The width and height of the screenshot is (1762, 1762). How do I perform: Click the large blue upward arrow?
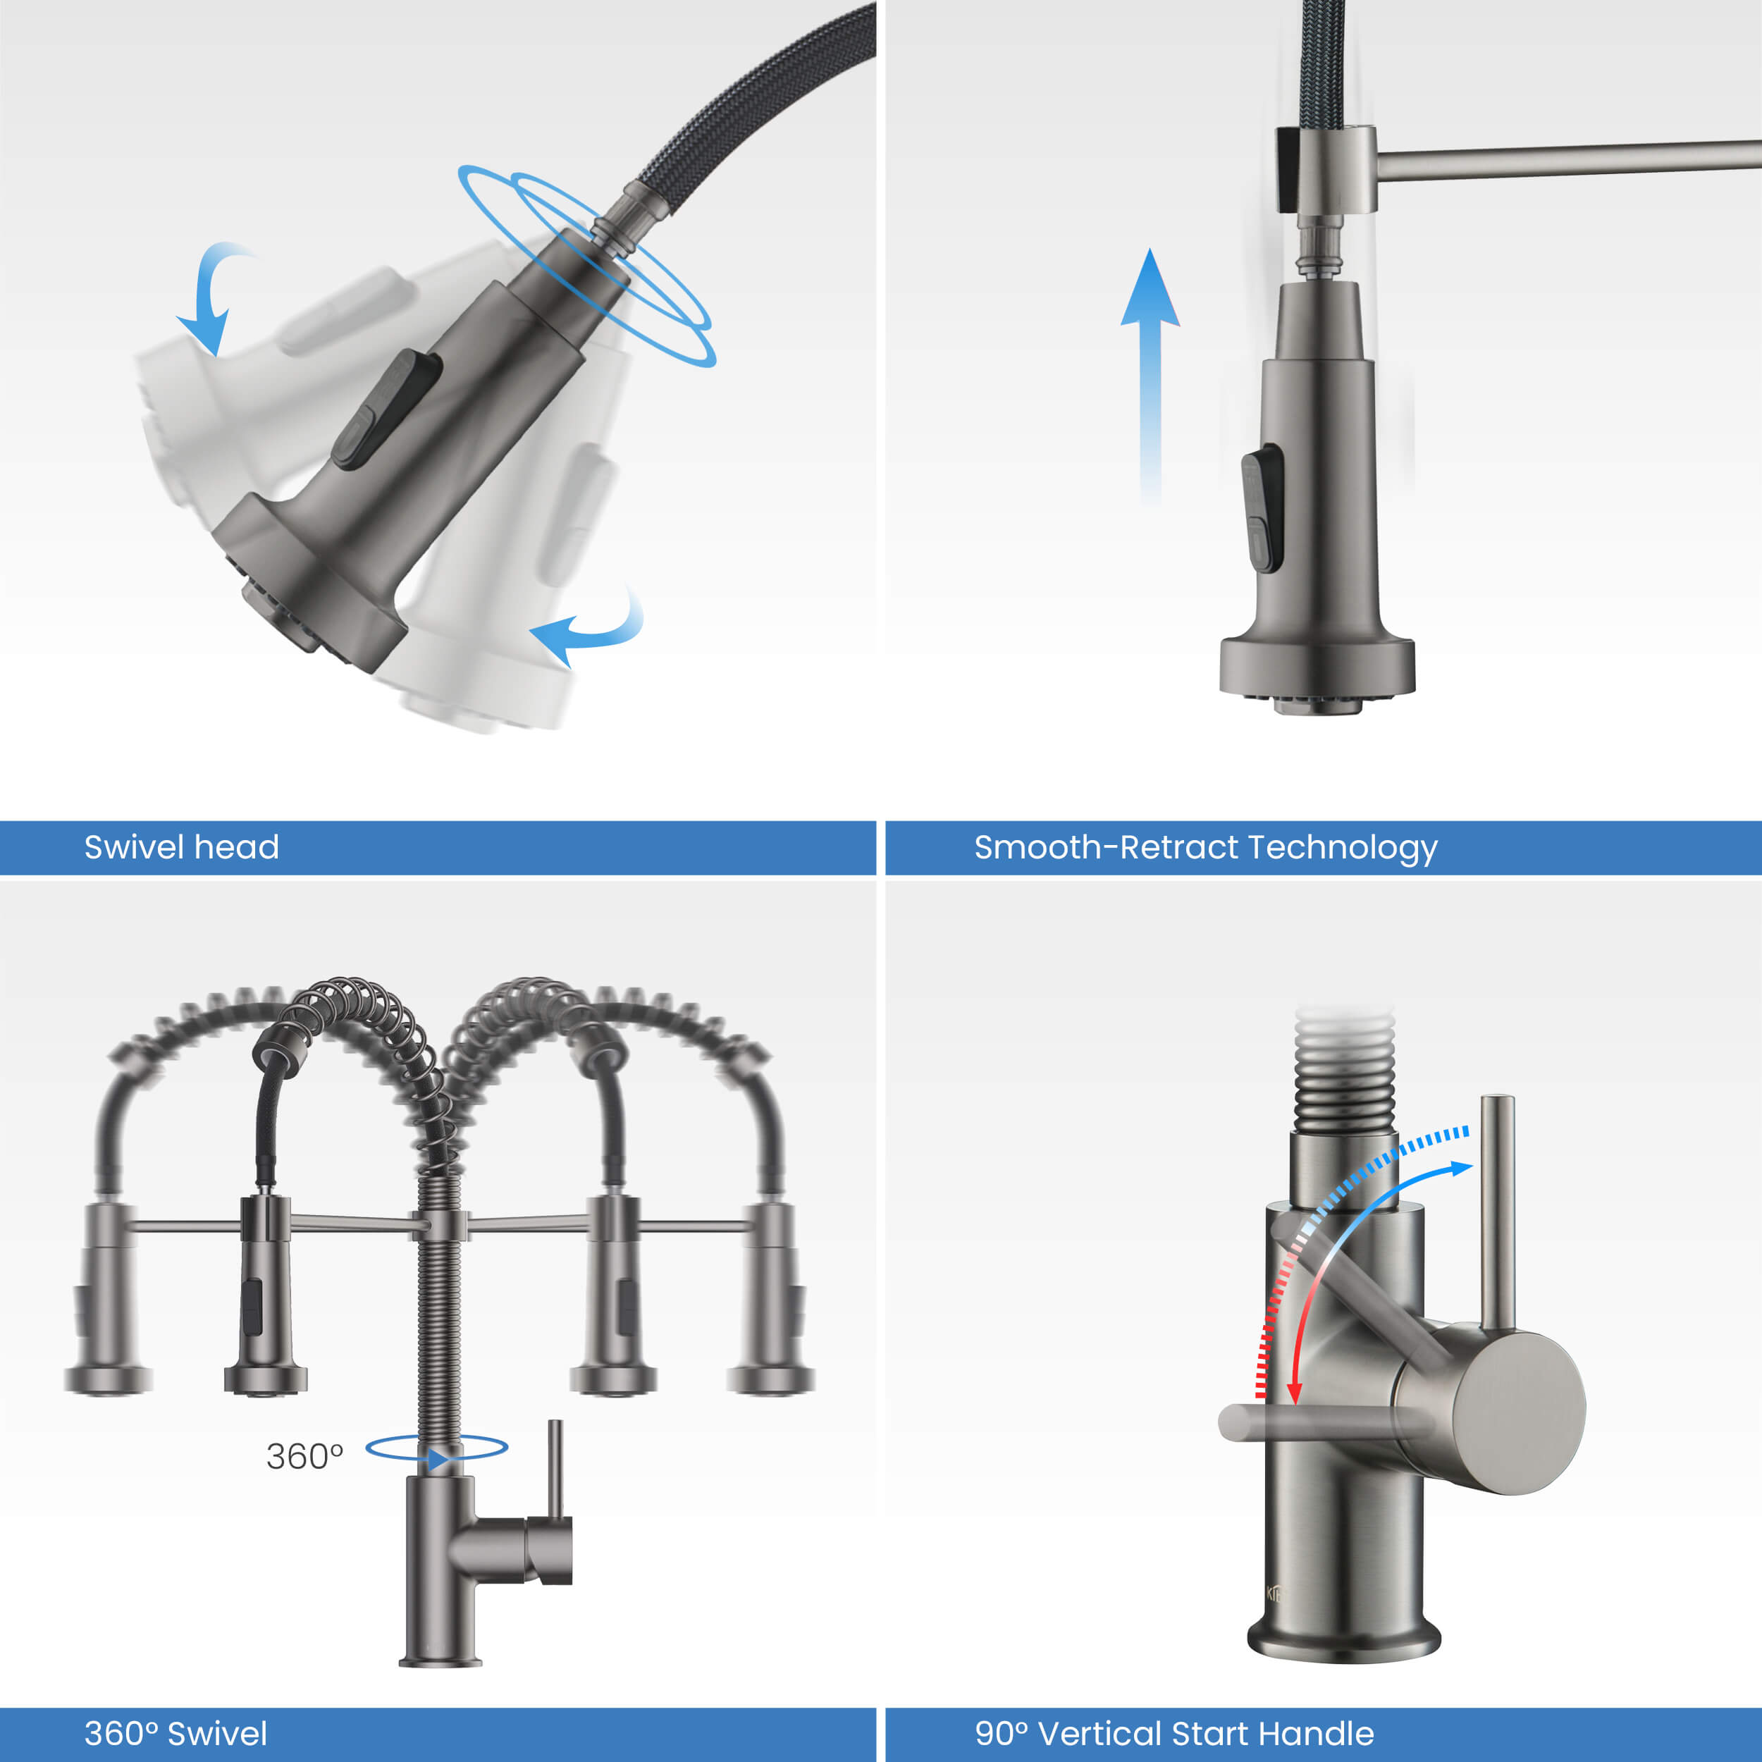1150,376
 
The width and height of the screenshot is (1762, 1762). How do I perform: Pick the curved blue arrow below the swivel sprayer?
589,629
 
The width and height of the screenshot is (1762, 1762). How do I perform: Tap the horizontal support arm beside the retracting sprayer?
1567,159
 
